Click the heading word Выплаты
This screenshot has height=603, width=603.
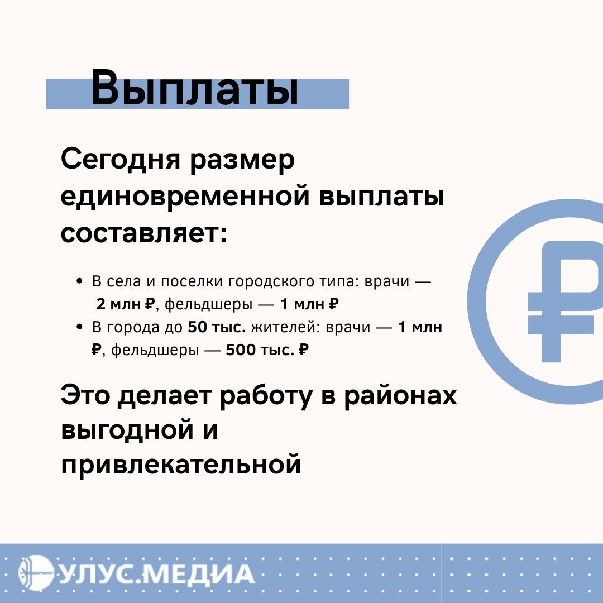point(195,88)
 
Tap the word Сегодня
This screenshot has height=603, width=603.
point(121,160)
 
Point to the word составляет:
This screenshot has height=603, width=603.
point(144,233)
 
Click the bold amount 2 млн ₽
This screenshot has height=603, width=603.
point(125,304)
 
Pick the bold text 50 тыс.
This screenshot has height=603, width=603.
point(217,327)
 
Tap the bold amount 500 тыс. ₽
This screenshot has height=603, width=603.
point(267,350)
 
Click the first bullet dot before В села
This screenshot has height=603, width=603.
point(80,281)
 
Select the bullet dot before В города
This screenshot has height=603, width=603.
point(80,327)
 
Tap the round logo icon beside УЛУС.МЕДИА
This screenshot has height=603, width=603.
point(36,573)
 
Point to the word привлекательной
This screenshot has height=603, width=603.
point(181,465)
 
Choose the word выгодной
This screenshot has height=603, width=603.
point(127,429)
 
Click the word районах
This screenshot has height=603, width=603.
point(400,396)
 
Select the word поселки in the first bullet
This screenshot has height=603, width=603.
point(192,281)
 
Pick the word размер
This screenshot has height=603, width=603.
point(242,160)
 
